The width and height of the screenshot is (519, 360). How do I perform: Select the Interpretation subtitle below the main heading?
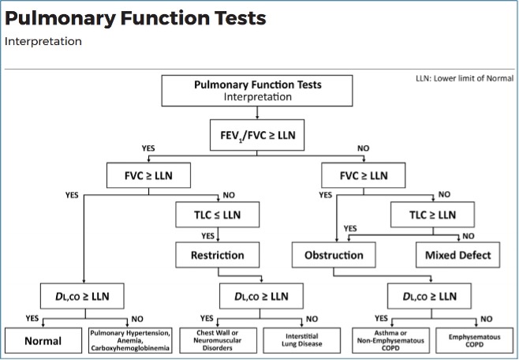(x=43, y=41)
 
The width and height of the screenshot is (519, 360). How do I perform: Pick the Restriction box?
(x=217, y=255)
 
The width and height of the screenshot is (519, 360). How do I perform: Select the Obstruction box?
(x=333, y=255)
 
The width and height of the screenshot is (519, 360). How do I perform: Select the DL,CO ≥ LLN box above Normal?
(x=80, y=297)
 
